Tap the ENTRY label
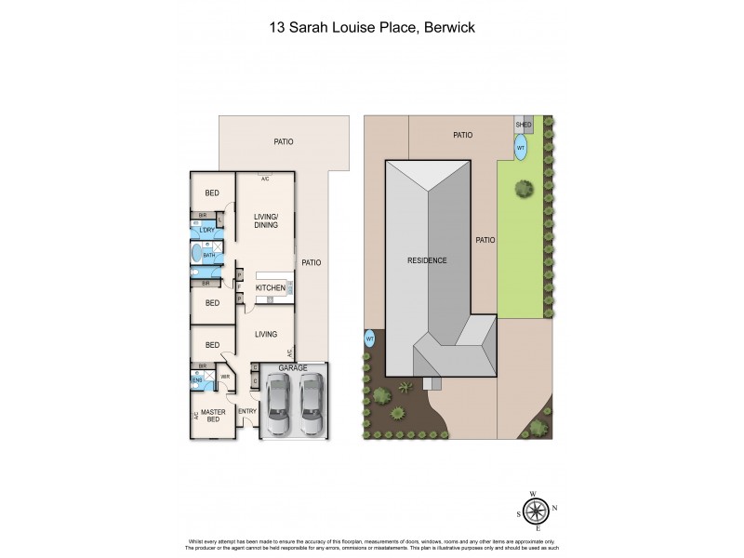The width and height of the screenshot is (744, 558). click(x=247, y=411)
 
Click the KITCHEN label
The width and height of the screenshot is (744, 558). click(x=271, y=288)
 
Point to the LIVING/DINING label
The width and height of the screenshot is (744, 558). click(x=267, y=220)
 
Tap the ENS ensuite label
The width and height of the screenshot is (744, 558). click(x=197, y=380)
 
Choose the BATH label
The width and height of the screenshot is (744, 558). click(x=209, y=254)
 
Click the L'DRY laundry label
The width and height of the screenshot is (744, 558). click(x=207, y=230)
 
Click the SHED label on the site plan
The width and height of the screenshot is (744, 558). click(x=524, y=124)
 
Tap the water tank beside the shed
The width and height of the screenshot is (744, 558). click(x=521, y=146)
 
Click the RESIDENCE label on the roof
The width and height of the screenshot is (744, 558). click(x=427, y=260)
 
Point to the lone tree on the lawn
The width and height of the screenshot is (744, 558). click(x=525, y=189)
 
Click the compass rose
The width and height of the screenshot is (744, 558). click(x=534, y=511)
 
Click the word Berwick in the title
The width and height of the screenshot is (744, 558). click(x=448, y=28)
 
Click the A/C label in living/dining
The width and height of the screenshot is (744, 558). click(x=265, y=179)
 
